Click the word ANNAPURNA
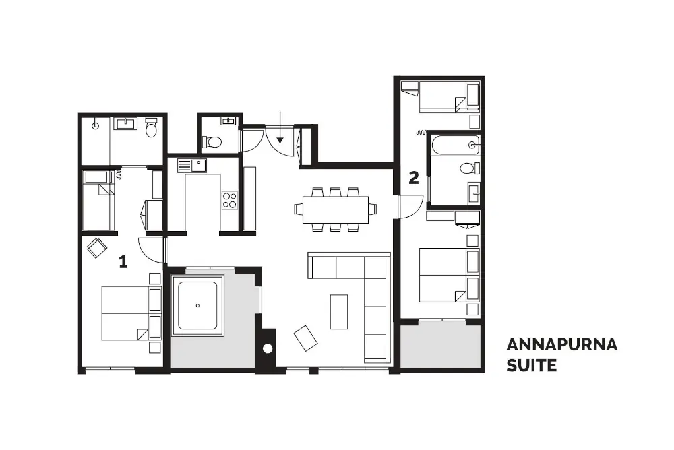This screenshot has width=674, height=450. (561, 345)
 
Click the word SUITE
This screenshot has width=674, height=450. (532, 366)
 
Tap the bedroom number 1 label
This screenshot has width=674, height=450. (123, 262)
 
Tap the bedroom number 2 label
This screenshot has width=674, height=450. (414, 178)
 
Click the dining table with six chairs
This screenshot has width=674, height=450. (335, 209)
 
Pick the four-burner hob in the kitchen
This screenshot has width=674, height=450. (229, 199)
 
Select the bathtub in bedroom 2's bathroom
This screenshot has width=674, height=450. (454, 145)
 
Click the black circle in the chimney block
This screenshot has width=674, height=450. (267, 349)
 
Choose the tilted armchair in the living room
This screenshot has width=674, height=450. (306, 337)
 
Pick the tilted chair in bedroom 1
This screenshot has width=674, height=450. (97, 248)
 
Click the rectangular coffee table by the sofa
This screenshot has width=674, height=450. (339, 312)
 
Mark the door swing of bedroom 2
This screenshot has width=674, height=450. (411, 206)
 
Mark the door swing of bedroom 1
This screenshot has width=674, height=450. (152, 250)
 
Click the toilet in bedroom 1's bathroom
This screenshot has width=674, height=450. (152, 127)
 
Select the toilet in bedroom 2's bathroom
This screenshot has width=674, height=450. (467, 168)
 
